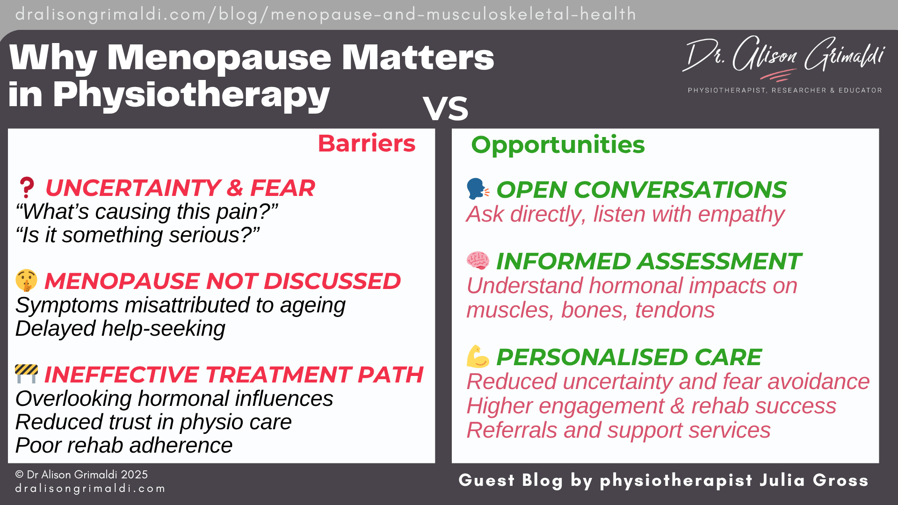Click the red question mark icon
[x=27, y=188]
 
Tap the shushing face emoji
[x=26, y=281]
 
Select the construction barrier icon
[x=26, y=374]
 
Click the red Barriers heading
[x=366, y=143]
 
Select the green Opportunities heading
[x=558, y=144]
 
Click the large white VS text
[x=445, y=108]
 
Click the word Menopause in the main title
[x=219, y=58]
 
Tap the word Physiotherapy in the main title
[x=192, y=94]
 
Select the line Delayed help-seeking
[x=120, y=328]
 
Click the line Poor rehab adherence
[x=124, y=445]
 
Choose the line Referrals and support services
[x=618, y=430]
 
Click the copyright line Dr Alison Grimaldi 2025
[x=82, y=475]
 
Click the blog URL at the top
[x=326, y=14]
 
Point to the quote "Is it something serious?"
[x=138, y=235]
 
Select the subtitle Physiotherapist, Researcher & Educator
[x=784, y=90]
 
